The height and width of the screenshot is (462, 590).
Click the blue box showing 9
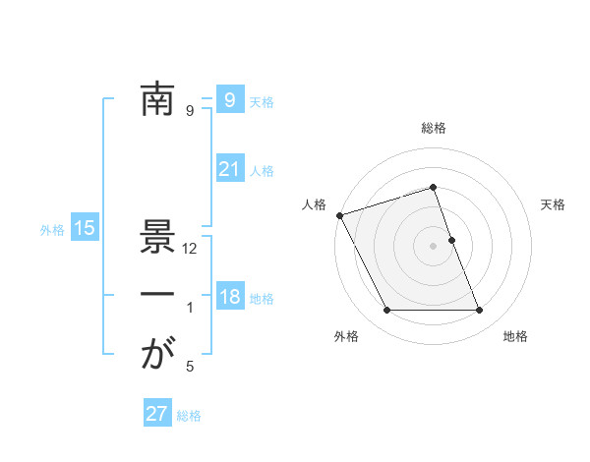[x=229, y=100]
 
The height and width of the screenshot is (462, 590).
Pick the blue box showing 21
[x=229, y=169]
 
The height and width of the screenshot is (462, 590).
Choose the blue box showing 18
[x=229, y=297]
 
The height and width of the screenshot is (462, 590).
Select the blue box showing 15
[x=85, y=229]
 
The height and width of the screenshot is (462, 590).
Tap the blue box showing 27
[x=157, y=414]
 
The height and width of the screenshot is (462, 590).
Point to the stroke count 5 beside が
[x=190, y=368]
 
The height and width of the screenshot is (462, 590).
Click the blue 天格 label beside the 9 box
[x=262, y=102]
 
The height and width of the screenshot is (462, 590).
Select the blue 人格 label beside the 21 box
[x=262, y=171]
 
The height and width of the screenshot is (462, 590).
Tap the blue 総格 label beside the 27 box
[x=189, y=416]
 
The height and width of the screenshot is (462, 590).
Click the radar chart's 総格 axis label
[x=434, y=128]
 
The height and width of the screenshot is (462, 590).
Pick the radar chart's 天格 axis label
[x=554, y=204]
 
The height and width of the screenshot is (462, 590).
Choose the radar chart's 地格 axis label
[x=515, y=336]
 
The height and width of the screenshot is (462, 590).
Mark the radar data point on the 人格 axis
[x=339, y=215]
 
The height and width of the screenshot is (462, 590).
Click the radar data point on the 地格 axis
[x=480, y=311]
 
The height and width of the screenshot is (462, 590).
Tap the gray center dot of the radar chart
[x=434, y=245]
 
